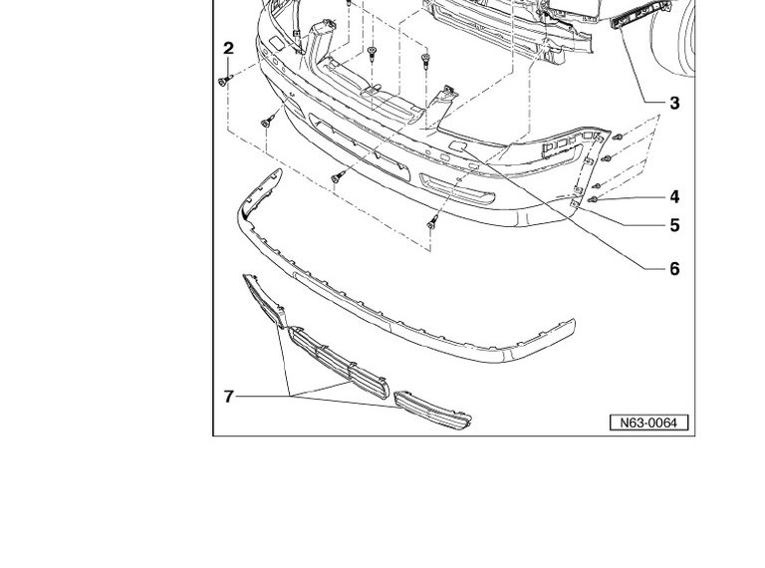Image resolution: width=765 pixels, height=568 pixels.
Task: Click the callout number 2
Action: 228,48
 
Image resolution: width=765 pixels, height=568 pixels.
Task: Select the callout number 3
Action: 674,103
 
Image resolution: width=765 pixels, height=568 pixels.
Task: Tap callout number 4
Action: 674,196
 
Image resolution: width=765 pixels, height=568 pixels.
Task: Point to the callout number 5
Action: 674,225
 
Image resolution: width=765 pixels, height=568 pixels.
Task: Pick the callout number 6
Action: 674,268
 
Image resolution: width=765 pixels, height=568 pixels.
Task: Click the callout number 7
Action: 229,397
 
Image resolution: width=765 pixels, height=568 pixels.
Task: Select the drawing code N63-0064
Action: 648,423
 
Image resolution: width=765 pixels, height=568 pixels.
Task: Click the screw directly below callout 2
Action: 225,80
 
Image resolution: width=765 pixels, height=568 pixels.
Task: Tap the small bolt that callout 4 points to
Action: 593,199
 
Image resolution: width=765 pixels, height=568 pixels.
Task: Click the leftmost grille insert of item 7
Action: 264,301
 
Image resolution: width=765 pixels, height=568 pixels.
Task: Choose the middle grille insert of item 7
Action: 339,362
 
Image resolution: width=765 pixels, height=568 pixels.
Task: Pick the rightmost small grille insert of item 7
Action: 432,410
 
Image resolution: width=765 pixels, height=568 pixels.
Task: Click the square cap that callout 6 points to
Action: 458,144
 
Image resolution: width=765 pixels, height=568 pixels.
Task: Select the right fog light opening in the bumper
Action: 457,188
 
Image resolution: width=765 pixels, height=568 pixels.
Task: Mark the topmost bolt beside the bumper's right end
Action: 618,137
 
